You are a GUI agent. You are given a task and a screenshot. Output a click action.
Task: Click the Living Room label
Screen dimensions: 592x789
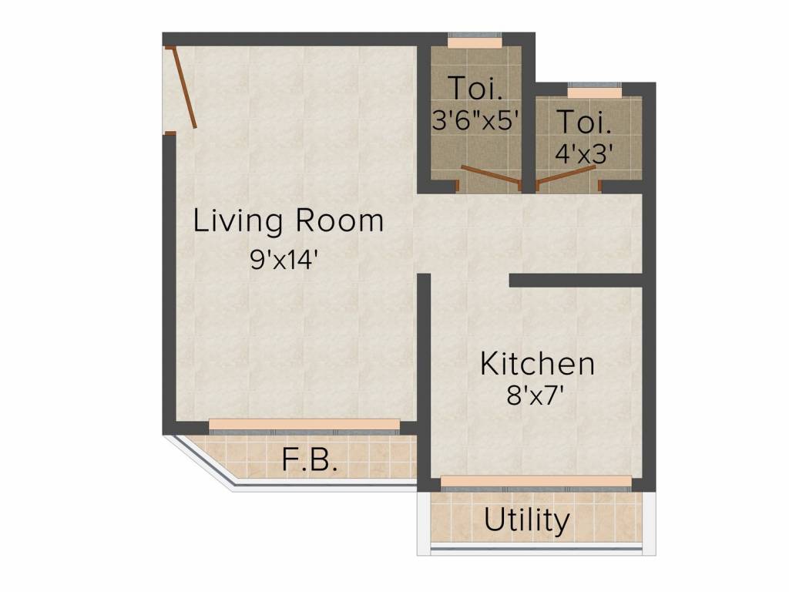click(288, 221)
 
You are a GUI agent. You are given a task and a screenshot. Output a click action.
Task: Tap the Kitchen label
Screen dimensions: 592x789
click(537, 364)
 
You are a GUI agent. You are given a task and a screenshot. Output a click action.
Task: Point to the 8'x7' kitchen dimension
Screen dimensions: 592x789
click(538, 398)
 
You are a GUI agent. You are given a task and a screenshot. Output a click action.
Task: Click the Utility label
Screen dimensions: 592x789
click(527, 521)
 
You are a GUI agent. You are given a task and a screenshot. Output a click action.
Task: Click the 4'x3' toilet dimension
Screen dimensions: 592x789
click(584, 151)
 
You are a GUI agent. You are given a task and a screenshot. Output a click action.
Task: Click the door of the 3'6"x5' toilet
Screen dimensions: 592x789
click(490, 176)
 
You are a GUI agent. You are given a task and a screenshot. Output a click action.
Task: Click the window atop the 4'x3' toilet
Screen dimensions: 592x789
click(594, 92)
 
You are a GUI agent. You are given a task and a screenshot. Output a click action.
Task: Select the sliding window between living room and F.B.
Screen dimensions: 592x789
click(304, 425)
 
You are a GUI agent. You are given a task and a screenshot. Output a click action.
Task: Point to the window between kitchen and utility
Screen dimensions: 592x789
click(536, 482)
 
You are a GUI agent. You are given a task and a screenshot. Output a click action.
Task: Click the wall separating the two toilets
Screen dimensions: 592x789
click(529, 116)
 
